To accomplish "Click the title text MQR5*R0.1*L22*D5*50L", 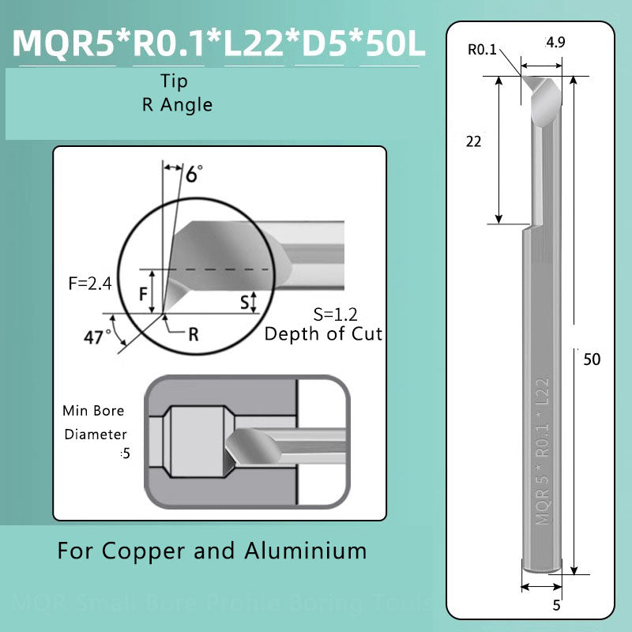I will coord(220,45).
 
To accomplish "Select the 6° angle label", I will coord(194,174).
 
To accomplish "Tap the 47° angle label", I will coord(97,337).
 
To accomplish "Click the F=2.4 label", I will coord(89,283).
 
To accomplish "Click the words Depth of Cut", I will coord(323,333).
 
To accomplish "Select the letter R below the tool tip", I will coord(194,333).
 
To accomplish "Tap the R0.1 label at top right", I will coord(483,50).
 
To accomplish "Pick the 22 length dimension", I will coord(474,141).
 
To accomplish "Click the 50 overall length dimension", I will coord(591,359).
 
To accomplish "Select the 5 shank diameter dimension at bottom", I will coord(556,606).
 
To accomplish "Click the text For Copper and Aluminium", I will coord(212,550).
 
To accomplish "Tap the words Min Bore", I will coord(93,411).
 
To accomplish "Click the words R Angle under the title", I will coord(177,103).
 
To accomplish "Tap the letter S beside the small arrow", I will coord(244,302).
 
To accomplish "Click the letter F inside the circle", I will coord(145,294).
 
